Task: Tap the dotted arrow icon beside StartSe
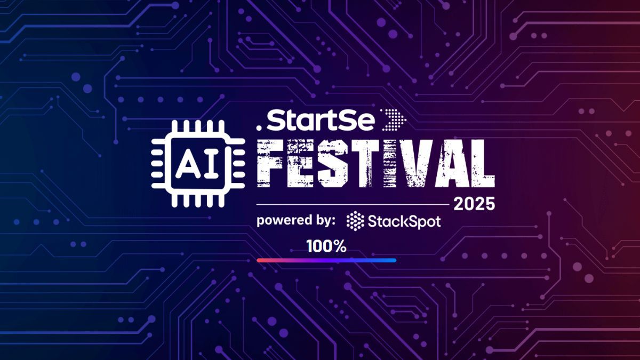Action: click(x=394, y=121)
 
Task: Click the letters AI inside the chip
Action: click(x=198, y=164)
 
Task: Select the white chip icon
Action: click(x=198, y=164)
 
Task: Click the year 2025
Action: click(x=474, y=204)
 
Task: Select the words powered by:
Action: click(x=296, y=220)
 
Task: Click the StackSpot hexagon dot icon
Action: click(x=355, y=221)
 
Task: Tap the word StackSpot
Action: click(x=404, y=221)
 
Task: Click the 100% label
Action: click(x=326, y=246)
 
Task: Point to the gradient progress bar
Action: click(x=326, y=260)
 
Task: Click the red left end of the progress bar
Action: click(x=260, y=260)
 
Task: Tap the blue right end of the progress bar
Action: click(x=393, y=260)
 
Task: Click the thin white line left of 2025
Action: click(x=352, y=204)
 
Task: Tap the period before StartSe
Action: click(x=259, y=127)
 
